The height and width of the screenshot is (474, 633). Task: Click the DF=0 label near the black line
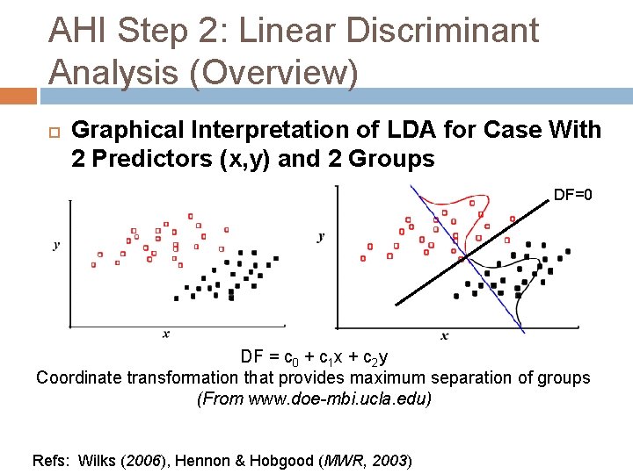coord(573,195)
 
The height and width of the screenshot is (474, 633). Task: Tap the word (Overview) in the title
coord(274,73)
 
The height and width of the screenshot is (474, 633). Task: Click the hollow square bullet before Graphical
coord(55,133)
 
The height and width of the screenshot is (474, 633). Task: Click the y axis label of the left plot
coord(56,245)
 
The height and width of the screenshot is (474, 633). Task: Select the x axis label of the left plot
coord(166,334)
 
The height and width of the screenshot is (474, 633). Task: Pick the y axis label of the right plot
coord(321,237)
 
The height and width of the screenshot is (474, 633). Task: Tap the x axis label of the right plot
coord(445,335)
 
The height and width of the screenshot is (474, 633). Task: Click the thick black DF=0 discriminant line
coord(472,253)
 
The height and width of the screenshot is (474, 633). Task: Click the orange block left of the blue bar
coord(18,96)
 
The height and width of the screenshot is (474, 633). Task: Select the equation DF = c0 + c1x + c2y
coord(314,357)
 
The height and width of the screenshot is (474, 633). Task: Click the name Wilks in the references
coord(97,460)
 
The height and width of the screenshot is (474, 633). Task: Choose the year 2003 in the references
coord(389,460)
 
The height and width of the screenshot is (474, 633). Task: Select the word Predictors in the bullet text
coord(152,158)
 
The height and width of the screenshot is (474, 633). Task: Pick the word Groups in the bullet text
coord(391,159)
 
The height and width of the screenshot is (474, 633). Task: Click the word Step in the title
coord(153,32)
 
